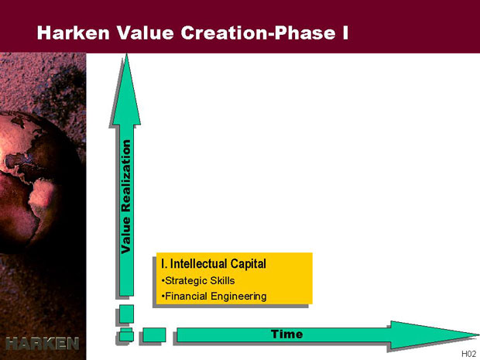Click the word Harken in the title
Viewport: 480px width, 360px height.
[x=74, y=33]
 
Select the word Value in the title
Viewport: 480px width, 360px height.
[x=145, y=33]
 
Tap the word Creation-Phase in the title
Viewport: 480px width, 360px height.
[x=258, y=33]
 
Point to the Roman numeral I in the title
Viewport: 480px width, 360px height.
[x=345, y=33]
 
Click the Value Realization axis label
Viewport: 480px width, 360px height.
[x=126, y=197]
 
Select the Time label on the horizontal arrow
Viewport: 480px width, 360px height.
[x=286, y=334]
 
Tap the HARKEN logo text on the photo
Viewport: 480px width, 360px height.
[x=43, y=344]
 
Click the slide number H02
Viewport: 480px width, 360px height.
[x=468, y=354]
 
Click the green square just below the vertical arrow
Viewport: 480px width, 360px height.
[x=126, y=314]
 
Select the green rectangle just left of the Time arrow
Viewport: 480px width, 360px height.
[x=154, y=335]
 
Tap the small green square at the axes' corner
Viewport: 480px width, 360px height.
[x=126, y=334]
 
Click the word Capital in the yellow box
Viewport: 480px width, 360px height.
[x=248, y=263]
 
